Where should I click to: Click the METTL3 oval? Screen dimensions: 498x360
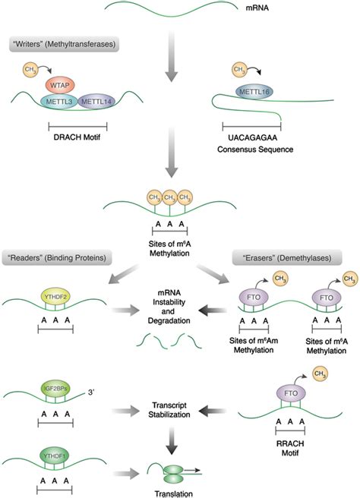point(58,102)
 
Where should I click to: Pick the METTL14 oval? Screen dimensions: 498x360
point(94,102)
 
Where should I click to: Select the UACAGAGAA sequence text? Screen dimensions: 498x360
point(252,140)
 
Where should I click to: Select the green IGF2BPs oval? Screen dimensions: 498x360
point(55,396)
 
